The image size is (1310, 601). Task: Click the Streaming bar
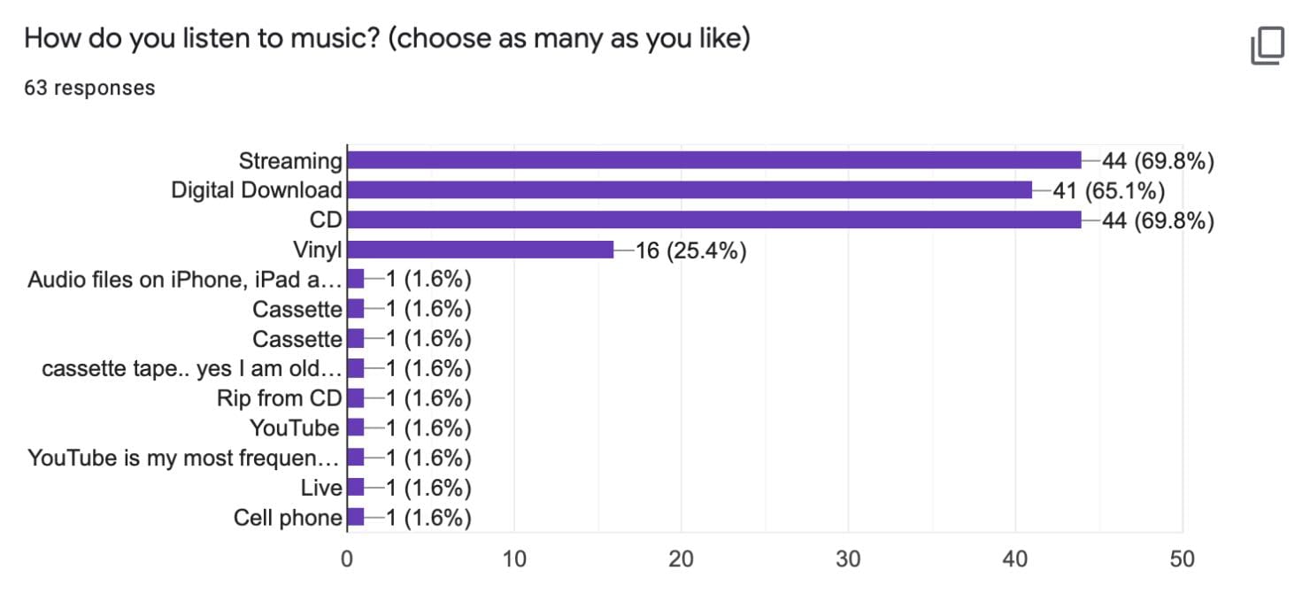coord(713,160)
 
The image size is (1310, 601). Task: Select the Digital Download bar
coord(689,190)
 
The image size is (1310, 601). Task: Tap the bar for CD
coord(713,220)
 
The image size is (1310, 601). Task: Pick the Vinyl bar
coord(480,250)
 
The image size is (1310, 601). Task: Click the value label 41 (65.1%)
coord(1108,190)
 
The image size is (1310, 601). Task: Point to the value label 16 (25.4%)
coord(690,250)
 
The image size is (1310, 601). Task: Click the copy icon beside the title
coord(1267,46)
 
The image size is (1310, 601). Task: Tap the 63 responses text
coord(89,88)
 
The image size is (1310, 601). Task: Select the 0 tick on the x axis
coord(347,559)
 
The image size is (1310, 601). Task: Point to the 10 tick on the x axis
coord(513,559)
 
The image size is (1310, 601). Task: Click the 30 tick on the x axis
coord(848,559)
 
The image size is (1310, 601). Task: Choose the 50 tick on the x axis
coord(1182,559)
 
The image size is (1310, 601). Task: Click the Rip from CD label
coord(279,398)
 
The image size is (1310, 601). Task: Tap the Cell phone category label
coord(288,518)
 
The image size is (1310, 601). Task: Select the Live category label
coord(320,488)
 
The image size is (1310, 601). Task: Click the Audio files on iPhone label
coord(184,280)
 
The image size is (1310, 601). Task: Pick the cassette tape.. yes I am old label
coord(191,369)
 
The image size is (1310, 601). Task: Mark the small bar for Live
coord(356,488)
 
